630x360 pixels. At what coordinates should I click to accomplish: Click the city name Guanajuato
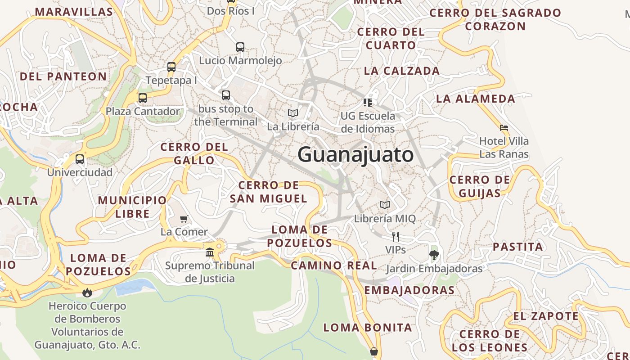point(355,155)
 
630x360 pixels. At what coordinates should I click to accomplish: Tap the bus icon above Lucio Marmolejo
point(240,47)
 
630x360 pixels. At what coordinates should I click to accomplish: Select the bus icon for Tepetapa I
point(171,67)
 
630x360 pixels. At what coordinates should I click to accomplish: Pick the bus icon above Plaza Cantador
point(143,98)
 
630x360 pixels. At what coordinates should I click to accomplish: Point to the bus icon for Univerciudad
point(80,159)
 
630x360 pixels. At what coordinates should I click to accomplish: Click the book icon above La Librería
point(293,113)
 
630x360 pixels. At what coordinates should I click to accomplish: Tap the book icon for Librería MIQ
point(385,205)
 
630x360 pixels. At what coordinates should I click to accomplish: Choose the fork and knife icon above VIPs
point(396,236)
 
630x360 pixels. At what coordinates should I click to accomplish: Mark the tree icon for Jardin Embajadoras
point(434,255)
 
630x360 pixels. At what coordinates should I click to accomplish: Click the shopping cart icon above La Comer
point(184,219)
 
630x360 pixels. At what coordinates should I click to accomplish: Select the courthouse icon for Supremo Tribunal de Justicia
point(210,252)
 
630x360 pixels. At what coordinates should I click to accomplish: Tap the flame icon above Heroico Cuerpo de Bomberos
point(87,292)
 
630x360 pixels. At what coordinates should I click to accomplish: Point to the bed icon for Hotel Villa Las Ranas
point(504,128)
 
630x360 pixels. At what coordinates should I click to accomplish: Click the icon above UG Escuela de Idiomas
point(368,103)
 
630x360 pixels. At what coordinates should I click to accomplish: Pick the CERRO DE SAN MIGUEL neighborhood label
point(269,192)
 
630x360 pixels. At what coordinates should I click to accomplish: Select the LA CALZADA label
point(402,71)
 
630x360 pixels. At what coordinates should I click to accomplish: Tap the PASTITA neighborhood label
point(518,247)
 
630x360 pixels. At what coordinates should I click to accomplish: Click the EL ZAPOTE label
point(546,316)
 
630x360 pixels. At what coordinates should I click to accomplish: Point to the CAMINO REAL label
point(334,265)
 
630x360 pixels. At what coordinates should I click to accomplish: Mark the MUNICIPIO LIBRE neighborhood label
point(132,207)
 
